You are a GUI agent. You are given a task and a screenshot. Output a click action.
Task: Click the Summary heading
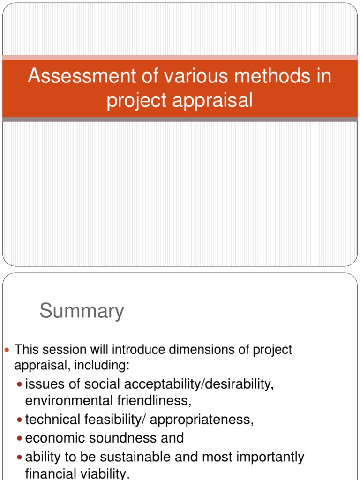pyautogui.click(x=82, y=311)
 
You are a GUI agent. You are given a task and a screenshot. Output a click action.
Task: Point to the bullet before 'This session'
pyautogui.click(x=7, y=350)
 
